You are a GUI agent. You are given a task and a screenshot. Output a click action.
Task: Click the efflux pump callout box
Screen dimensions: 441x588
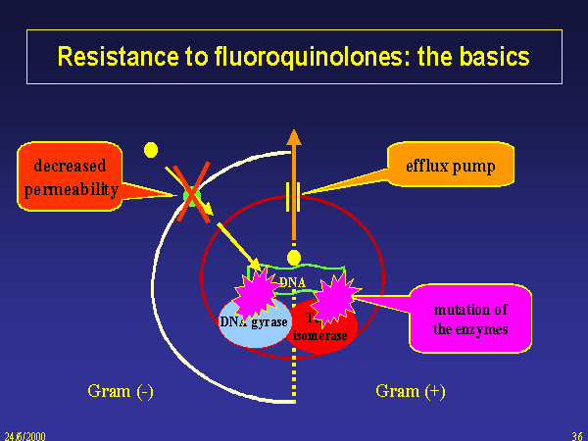450,167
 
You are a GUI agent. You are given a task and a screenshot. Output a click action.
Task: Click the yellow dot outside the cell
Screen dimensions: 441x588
151,150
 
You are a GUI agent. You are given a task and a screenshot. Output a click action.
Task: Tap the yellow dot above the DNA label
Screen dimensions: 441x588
293,258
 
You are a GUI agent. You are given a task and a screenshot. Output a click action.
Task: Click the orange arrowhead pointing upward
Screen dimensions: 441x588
291,137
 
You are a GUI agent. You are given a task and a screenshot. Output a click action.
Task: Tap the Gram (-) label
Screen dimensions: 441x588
122,391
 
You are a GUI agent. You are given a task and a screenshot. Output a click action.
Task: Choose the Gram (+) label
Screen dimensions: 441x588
411,391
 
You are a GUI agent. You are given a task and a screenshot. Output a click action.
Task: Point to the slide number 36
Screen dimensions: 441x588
576,433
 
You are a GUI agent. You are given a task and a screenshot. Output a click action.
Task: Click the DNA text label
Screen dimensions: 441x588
293,283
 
